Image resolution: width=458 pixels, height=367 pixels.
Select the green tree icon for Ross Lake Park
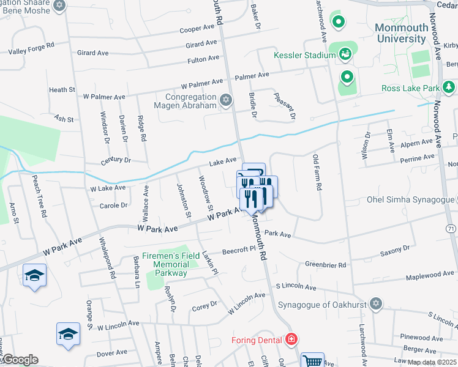pyautogui.click(x=449, y=88)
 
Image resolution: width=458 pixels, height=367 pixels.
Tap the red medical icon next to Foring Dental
pyautogui.click(x=291, y=339)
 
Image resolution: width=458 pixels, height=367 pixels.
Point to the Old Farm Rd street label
pyautogui.click(x=317, y=173)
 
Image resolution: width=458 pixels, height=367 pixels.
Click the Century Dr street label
pyautogui.click(x=116, y=160)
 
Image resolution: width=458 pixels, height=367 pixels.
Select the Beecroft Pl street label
pyautogui.click(x=238, y=250)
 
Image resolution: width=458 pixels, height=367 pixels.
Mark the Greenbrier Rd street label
pyautogui.click(x=325, y=265)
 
